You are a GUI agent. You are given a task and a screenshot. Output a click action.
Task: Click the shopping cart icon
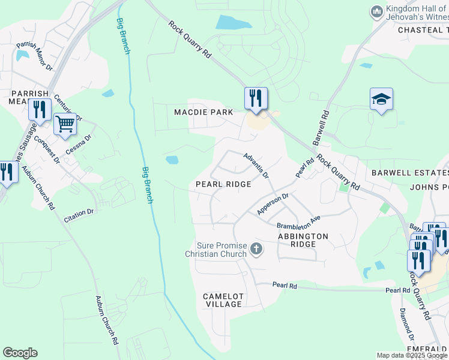[65, 124]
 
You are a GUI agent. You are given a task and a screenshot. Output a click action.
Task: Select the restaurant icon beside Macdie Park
[256, 98]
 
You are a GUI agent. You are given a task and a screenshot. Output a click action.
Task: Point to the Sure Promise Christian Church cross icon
[256, 248]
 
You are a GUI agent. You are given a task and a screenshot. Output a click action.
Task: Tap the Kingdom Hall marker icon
[377, 12]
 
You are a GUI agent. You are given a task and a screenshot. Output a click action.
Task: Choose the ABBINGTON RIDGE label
[303, 241]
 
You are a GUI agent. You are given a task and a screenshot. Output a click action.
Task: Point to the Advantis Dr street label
[256, 165]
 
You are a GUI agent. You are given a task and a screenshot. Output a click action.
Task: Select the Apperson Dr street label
[273, 204]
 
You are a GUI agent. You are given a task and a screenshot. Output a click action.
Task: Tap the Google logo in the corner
[20, 353]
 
